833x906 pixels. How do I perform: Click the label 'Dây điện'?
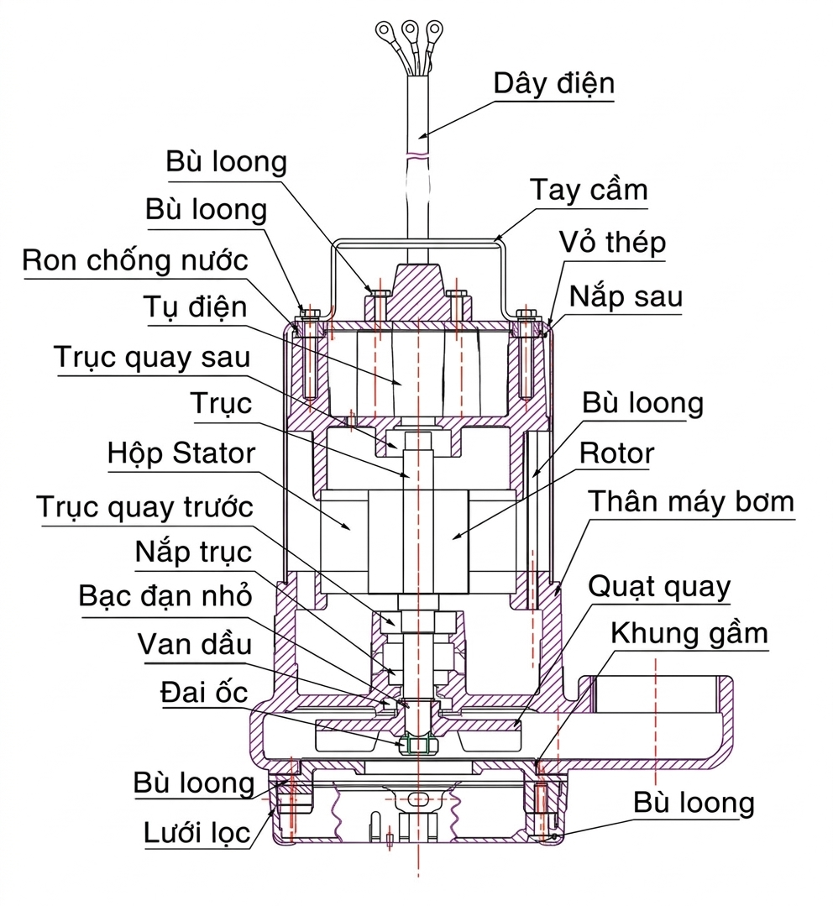(554, 83)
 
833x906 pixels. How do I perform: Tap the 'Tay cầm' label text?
(589, 190)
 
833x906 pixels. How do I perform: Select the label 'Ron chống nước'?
(135, 259)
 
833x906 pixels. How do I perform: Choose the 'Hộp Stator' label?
(181, 453)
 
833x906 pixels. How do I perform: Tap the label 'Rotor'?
(616, 453)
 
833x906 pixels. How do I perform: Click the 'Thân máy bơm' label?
(690, 501)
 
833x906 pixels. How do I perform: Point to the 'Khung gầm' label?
(689, 633)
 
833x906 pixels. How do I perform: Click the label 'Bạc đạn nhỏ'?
(165, 596)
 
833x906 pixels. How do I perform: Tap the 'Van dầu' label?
(195, 644)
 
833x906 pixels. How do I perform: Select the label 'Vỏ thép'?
(613, 243)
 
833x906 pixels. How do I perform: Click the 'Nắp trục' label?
(193, 552)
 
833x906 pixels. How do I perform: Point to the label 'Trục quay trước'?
(144, 506)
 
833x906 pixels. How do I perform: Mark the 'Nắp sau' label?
(626, 296)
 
